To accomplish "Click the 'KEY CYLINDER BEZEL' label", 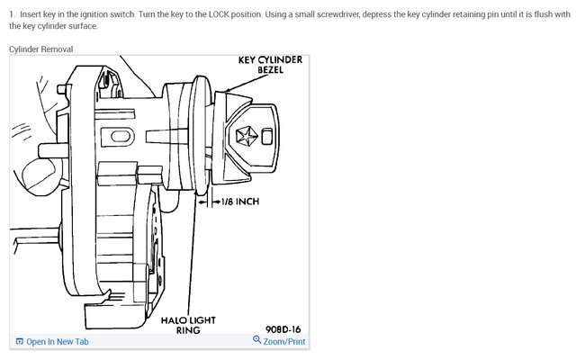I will [269, 65].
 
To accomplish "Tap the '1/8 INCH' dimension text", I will [240, 202].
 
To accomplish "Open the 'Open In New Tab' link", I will [58, 342].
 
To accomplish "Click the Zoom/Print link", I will [284, 342].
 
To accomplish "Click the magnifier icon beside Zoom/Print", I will [257, 341].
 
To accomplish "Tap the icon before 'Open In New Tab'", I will [19, 342].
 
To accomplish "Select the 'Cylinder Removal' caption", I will [41, 49].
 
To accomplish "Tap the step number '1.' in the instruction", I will [13, 13].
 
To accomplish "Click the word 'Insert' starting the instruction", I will [32, 13].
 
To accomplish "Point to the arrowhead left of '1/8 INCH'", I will [214, 202].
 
